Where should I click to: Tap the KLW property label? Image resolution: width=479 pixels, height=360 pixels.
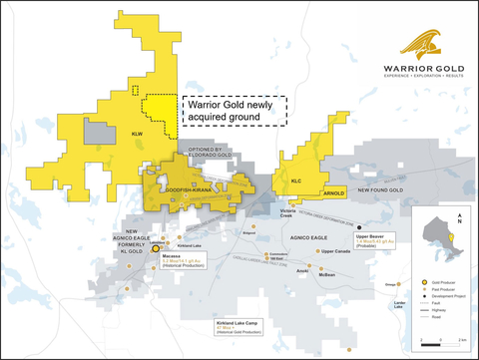(137, 134)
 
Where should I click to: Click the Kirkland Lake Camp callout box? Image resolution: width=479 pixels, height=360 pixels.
(239, 327)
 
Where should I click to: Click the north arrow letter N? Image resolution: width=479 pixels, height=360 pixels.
(457, 221)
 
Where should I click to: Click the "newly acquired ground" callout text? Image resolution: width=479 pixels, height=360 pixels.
(232, 110)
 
